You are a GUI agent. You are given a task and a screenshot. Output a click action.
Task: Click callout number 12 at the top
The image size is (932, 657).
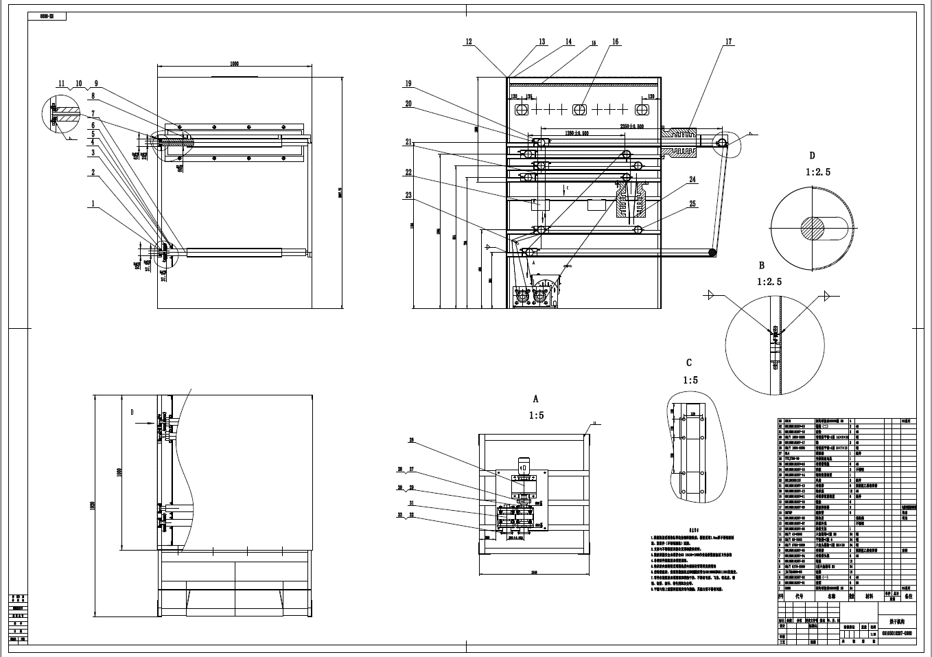pyautogui.click(x=469, y=42)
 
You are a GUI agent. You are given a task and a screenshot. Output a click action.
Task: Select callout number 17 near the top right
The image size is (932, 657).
pyautogui.click(x=728, y=42)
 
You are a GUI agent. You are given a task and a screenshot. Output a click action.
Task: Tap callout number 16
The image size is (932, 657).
pyautogui.click(x=615, y=42)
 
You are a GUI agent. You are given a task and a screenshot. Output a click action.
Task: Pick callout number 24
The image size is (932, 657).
pyautogui.click(x=692, y=180)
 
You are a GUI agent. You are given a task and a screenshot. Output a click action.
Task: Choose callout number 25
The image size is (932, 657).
pyautogui.click(x=692, y=204)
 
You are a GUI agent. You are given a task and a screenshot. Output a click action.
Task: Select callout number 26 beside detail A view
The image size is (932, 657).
pyautogui.click(x=412, y=441)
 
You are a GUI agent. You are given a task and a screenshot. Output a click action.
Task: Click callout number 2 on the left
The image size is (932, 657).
pyautogui.click(x=93, y=172)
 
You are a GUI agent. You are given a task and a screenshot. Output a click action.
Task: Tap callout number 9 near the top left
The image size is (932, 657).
pyautogui.click(x=97, y=84)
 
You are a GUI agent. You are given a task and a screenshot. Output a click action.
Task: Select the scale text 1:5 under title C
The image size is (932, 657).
pyautogui.click(x=690, y=380)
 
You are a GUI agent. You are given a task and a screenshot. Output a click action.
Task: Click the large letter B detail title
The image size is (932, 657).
pyautogui.click(x=761, y=265)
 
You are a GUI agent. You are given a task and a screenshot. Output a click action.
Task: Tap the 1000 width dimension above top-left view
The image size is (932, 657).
pyautogui.click(x=234, y=63)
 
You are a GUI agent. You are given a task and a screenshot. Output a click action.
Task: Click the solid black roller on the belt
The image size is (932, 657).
pyautogui.click(x=713, y=253)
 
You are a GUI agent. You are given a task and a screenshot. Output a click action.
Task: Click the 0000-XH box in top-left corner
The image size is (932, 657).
pyautogui.click(x=47, y=14)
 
